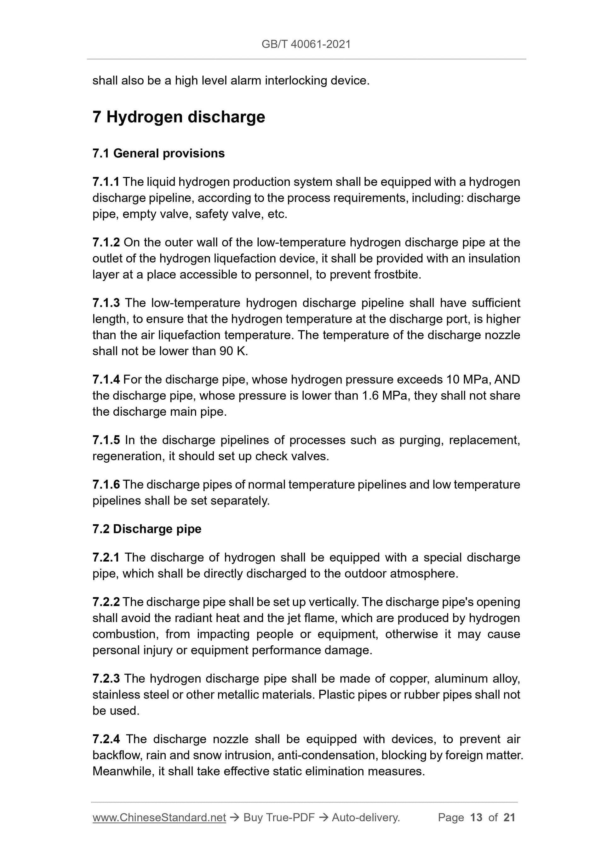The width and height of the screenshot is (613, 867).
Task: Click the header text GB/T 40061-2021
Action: click(306, 44)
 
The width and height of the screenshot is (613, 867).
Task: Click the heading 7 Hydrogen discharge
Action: click(179, 117)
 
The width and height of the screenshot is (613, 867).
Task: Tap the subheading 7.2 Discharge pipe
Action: click(146, 529)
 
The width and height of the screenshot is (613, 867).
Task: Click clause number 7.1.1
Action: click(106, 182)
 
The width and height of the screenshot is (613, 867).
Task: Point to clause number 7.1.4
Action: click(106, 379)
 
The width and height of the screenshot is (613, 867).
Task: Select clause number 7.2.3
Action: click(106, 679)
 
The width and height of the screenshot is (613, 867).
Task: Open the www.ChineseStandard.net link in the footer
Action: click(159, 818)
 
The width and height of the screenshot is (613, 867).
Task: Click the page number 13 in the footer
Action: click(476, 818)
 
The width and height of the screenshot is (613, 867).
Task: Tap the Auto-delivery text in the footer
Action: click(365, 818)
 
